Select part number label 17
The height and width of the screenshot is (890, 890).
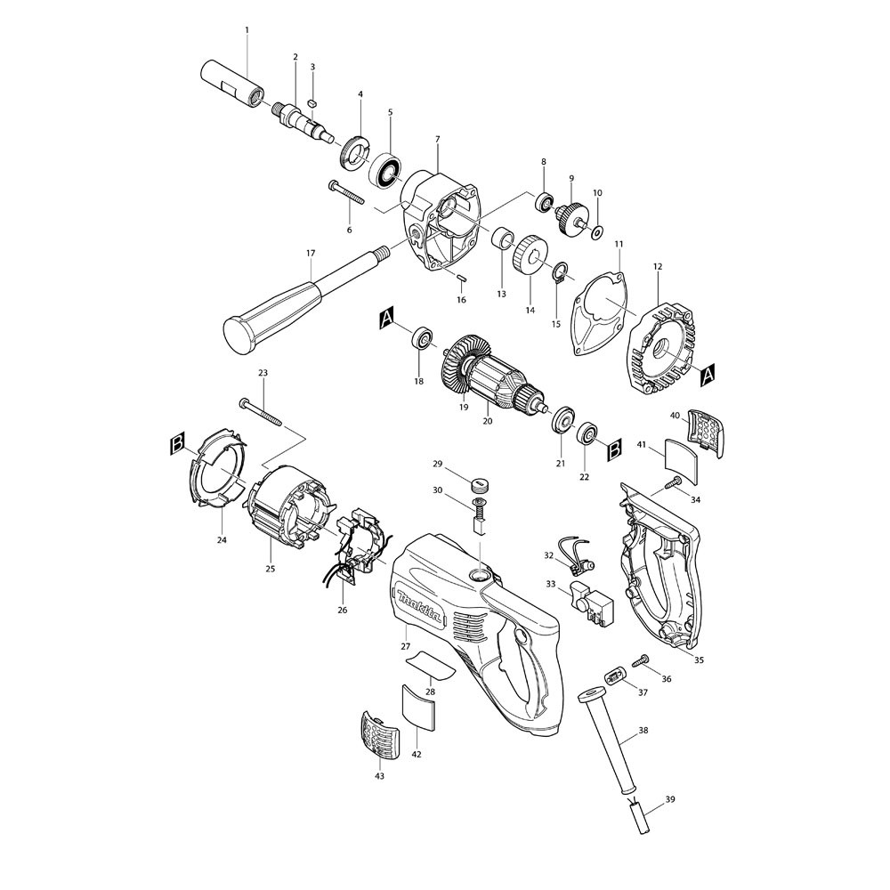coord(311,253)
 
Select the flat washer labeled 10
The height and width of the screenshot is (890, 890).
coord(597,231)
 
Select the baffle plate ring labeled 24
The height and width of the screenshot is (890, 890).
coord(217,470)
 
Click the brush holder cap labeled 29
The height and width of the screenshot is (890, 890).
coord(481,485)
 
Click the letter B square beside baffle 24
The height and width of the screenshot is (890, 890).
coord(177,442)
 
